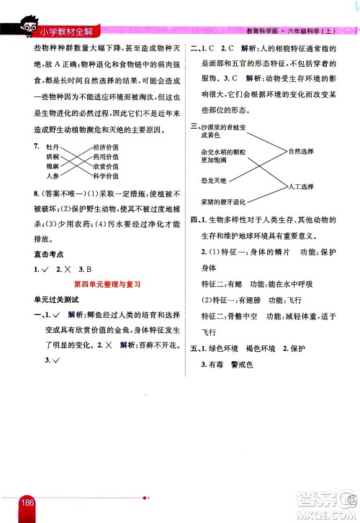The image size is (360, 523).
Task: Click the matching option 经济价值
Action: (x=105, y=147)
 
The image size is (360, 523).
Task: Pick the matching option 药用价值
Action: (x=105, y=157)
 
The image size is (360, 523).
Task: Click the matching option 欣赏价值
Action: (x=105, y=166)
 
